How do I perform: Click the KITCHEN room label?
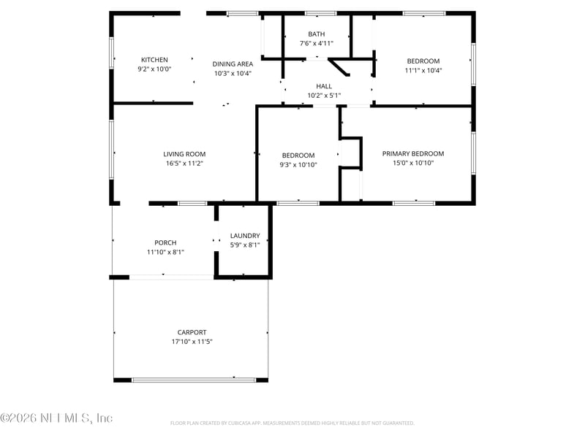[x=154, y=60]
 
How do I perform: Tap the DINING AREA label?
[x=233, y=64]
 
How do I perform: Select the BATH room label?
[x=317, y=34]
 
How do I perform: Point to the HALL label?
[x=324, y=86]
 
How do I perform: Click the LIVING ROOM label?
[x=184, y=154]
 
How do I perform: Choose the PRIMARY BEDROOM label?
[x=413, y=153]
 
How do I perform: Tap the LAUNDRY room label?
[x=245, y=236]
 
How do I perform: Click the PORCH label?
[x=165, y=243]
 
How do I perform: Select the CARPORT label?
[x=192, y=332]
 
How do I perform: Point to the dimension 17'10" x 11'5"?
[x=192, y=341]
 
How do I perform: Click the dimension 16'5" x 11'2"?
[x=184, y=164]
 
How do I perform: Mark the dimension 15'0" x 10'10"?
[x=413, y=163]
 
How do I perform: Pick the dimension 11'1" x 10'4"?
[x=423, y=70]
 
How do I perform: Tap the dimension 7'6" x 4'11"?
[x=317, y=44]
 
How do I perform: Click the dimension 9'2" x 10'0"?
[x=154, y=69]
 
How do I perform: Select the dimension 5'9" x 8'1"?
[x=245, y=245]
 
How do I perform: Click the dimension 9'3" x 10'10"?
[x=298, y=165]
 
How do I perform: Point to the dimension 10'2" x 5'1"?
[x=324, y=96]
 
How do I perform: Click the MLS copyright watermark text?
[x=57, y=418]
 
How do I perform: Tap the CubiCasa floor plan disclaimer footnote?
[x=292, y=423]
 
